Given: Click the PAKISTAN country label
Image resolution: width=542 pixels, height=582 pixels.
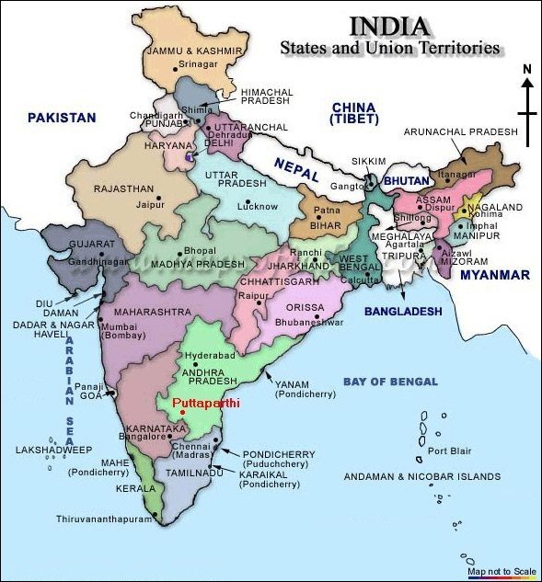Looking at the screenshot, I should (x=62, y=118).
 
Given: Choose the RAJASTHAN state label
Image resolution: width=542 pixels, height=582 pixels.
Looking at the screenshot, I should (x=124, y=188).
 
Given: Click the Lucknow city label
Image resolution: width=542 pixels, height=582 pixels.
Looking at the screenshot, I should (x=257, y=206).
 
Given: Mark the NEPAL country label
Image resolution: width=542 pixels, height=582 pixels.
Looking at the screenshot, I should (x=296, y=169).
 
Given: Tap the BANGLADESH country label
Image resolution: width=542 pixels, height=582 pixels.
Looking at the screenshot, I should (x=403, y=312).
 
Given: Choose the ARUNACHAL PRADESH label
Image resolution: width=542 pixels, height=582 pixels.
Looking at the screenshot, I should (x=461, y=132).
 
